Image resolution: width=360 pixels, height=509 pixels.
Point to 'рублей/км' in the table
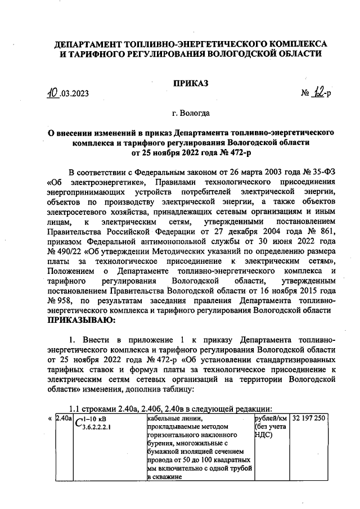pos(270,419)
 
